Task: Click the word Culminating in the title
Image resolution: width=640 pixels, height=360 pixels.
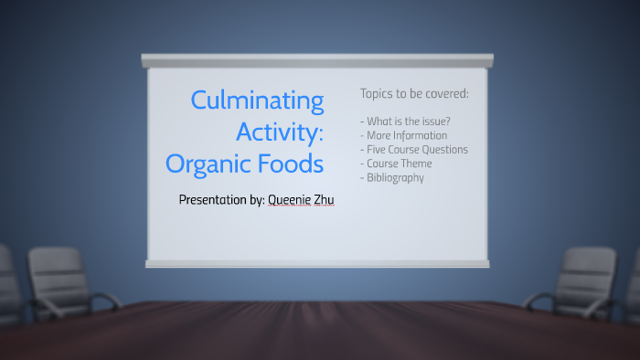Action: coord(257,101)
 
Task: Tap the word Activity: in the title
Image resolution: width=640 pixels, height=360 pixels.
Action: coord(280,132)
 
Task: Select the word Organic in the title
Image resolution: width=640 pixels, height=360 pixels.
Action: coord(212,164)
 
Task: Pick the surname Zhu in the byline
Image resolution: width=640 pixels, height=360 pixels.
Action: coord(325,199)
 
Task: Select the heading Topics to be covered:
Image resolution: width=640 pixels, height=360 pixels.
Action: coord(413,93)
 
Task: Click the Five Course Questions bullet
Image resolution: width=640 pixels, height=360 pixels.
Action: coord(414,149)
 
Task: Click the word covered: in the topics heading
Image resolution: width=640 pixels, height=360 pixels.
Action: coord(447,93)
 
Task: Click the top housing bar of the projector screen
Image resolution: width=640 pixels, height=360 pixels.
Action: coord(316,60)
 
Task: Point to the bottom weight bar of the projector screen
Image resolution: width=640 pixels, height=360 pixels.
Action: coord(316,263)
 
